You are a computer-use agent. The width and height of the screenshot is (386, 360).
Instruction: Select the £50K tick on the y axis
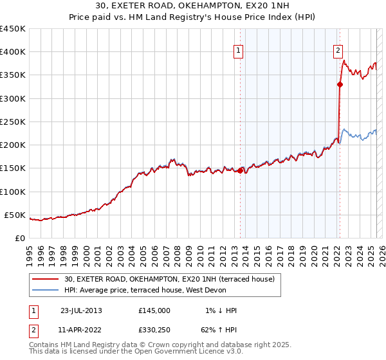(x=15, y=215)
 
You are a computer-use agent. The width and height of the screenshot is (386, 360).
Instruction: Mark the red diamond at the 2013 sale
(x=240, y=170)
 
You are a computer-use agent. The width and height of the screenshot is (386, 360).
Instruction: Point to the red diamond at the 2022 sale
(x=339, y=84)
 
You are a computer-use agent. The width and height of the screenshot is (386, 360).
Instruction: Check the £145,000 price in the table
(x=154, y=310)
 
